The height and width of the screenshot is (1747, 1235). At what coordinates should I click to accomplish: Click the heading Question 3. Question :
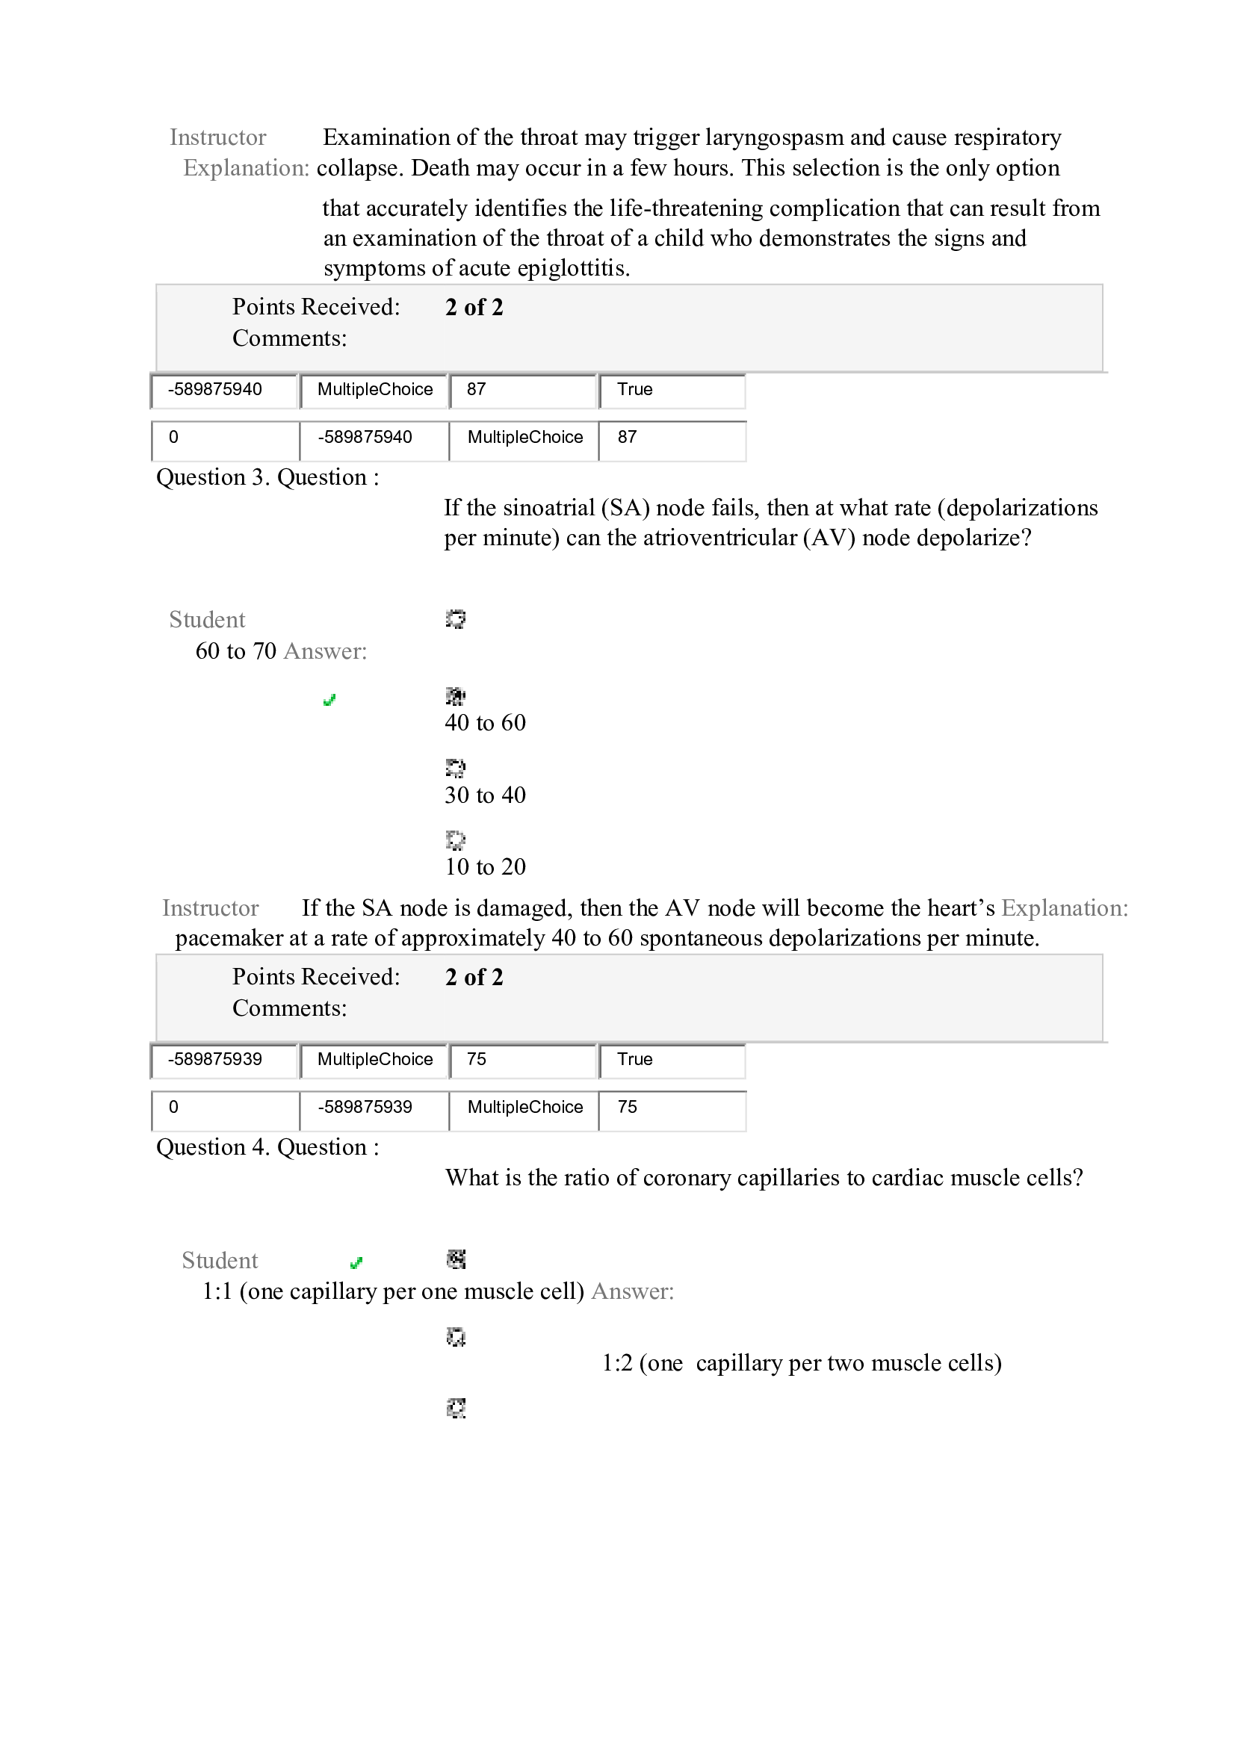tap(267, 477)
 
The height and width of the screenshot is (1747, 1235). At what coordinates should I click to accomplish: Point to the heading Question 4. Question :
tap(267, 1146)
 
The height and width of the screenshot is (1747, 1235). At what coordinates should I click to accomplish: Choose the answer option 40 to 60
tap(485, 723)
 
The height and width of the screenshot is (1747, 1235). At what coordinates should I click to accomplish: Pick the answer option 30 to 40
tap(485, 795)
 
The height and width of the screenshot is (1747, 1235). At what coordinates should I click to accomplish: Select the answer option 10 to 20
tap(485, 866)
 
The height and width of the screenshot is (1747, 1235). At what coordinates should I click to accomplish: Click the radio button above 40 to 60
tap(455, 695)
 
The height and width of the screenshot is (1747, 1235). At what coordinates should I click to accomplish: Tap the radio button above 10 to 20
tap(455, 840)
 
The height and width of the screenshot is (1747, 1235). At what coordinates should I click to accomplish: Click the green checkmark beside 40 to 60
tap(329, 700)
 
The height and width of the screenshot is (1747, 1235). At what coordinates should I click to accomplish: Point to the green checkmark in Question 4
tap(356, 1263)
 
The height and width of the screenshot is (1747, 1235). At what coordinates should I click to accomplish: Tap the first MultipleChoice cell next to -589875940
tap(374, 390)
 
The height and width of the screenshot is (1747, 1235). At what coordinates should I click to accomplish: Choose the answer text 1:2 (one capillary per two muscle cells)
tap(800, 1363)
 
